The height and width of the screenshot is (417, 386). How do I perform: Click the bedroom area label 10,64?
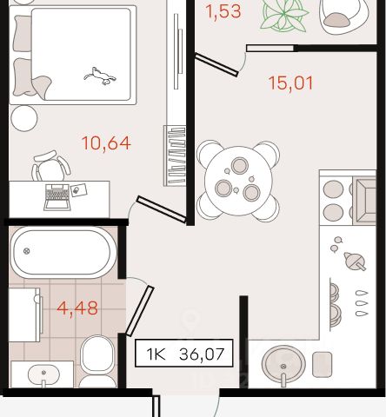click(106, 143)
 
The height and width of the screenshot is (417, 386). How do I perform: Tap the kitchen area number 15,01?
click(290, 83)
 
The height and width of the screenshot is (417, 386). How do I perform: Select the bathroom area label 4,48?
click(77, 308)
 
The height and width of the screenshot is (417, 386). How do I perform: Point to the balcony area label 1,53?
click(223, 11)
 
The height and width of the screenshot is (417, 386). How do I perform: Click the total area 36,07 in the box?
click(202, 354)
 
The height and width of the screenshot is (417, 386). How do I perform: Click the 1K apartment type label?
click(156, 354)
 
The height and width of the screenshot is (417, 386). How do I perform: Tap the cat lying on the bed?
click(100, 76)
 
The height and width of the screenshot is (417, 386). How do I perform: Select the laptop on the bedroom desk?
click(57, 197)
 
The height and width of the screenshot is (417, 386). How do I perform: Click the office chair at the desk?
click(50, 166)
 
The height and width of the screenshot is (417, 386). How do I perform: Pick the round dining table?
click(238, 181)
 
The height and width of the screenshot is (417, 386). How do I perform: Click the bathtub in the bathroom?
click(63, 252)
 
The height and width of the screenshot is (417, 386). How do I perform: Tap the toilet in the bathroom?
click(97, 361)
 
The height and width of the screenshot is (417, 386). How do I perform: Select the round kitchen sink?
click(283, 364)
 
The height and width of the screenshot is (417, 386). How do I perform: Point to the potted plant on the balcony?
click(283, 16)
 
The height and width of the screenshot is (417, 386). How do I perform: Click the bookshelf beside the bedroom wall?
click(175, 156)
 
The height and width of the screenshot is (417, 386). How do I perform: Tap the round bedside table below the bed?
click(24, 118)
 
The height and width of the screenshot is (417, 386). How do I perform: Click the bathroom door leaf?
click(140, 311)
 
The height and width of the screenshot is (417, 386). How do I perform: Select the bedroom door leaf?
click(161, 209)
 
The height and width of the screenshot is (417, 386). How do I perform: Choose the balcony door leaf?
click(216, 64)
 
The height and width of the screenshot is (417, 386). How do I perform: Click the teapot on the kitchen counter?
click(355, 261)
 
